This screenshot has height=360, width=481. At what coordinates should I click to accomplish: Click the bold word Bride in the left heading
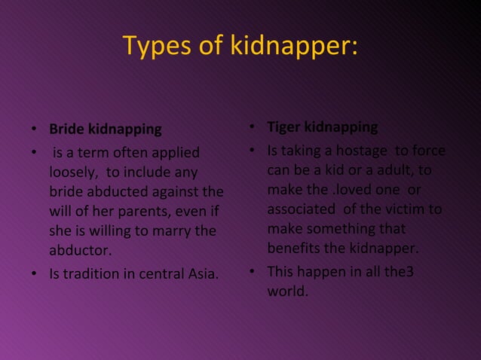(66, 129)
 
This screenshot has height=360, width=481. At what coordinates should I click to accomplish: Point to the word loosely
(73, 172)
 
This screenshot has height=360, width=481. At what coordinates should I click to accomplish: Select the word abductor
(78, 249)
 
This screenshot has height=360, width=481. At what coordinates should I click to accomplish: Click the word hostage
(355, 151)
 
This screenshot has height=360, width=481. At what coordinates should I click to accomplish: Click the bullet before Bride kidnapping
(34, 130)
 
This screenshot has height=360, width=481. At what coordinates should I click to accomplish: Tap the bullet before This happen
(253, 271)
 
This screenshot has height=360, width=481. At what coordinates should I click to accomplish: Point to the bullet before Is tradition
(34, 273)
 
